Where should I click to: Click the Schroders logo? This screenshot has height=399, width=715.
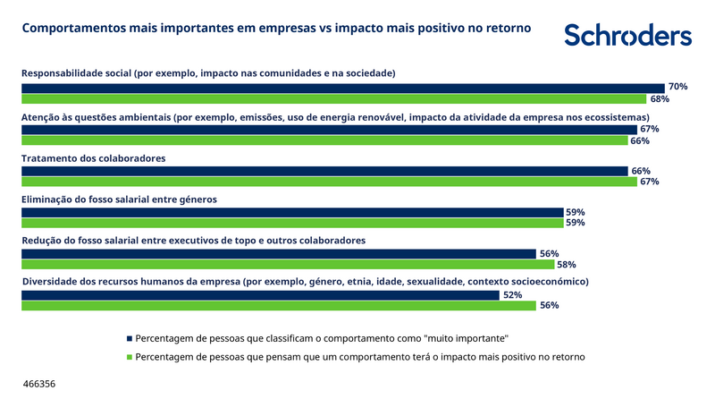pos(627,35)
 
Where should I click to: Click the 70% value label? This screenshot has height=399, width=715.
pos(677,87)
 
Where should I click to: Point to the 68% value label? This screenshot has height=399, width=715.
pos(660,98)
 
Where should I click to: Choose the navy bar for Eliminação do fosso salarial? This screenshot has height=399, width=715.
pos(291,212)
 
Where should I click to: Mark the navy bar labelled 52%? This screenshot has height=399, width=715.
pos(260,294)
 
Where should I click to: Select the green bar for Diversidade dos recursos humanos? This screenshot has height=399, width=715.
pos(278,305)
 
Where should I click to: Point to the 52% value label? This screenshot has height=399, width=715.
pos(513,294)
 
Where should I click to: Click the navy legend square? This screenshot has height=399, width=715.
pos(130,339)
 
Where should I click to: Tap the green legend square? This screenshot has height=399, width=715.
pos(130,357)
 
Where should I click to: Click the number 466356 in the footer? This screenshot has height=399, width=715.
pos(39,384)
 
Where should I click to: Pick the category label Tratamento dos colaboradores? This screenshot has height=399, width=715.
pos(93,158)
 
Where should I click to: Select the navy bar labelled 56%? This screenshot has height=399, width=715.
pos(278,253)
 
